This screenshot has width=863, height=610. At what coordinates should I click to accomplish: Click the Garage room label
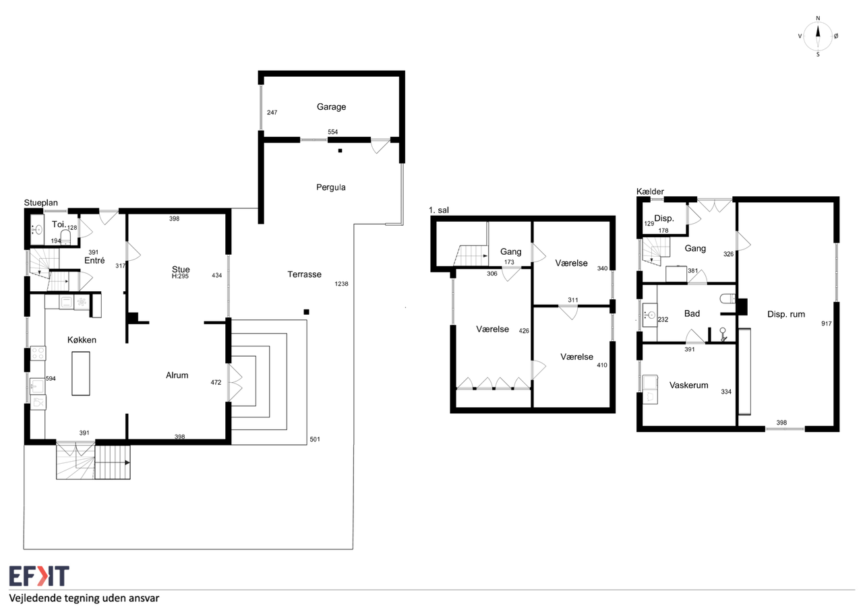click(x=331, y=106)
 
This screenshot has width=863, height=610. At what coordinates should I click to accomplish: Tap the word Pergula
click(x=330, y=187)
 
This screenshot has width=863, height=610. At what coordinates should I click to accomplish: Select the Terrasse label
click(x=304, y=274)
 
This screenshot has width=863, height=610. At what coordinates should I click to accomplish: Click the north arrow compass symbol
click(x=818, y=36)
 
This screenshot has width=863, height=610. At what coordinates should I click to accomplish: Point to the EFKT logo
click(x=39, y=576)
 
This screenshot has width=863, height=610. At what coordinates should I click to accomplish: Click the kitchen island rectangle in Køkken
click(x=81, y=373)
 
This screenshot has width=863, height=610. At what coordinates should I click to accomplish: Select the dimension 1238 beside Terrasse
click(x=341, y=284)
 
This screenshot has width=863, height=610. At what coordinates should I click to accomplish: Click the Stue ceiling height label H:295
click(x=180, y=276)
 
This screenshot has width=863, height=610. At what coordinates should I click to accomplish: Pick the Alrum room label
click(x=177, y=375)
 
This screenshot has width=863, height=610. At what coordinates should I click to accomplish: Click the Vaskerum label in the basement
click(x=688, y=385)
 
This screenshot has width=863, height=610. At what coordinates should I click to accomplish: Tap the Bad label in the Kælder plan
click(x=692, y=313)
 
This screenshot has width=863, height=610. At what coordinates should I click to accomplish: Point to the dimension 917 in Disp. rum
click(x=827, y=324)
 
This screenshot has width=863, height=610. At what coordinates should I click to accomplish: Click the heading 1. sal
click(x=439, y=210)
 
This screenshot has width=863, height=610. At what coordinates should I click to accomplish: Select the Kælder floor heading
click(x=650, y=191)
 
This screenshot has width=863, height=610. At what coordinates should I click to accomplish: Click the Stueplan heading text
click(x=41, y=203)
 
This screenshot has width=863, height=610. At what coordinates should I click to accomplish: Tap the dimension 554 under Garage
click(x=333, y=131)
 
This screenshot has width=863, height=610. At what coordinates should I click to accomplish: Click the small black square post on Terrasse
click(x=306, y=312)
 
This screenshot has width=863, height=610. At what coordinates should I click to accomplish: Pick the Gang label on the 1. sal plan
click(x=511, y=252)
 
